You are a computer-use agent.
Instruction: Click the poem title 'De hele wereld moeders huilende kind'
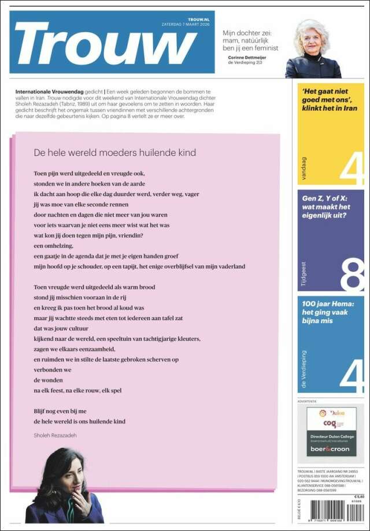click(x=114, y=153)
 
